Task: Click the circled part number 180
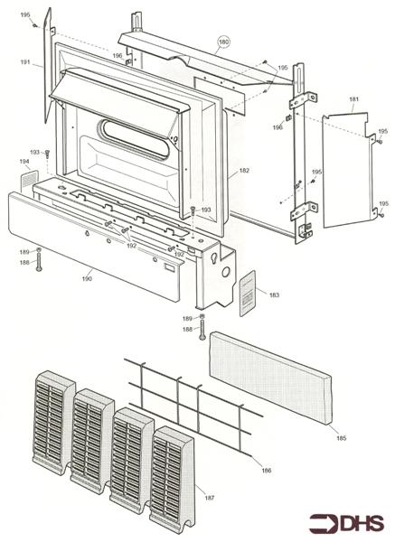point(223,42)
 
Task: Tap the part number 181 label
point(354,99)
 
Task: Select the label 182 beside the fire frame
point(244,171)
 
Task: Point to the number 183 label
point(274,295)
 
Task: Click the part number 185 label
point(341,438)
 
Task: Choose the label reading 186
point(267,470)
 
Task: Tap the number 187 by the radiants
point(210,498)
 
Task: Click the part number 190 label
point(87,278)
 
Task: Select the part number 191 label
point(25,62)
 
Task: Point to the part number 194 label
point(24,162)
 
